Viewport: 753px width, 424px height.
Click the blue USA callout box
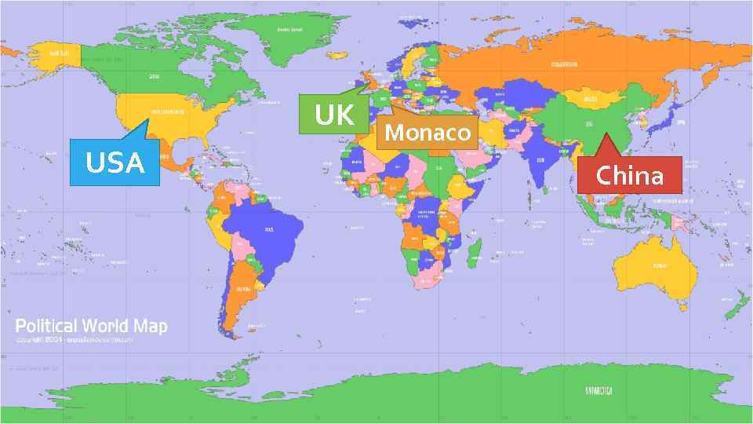click(x=115, y=163)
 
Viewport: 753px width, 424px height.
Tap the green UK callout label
click(x=334, y=115)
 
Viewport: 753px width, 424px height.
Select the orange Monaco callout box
click(x=427, y=132)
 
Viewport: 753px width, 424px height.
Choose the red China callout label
click(x=629, y=175)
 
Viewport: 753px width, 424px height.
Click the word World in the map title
click(x=108, y=326)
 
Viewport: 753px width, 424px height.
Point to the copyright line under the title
click(x=75, y=340)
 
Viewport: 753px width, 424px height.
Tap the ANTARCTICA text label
click(x=598, y=390)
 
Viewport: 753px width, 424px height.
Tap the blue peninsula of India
click(x=540, y=165)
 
